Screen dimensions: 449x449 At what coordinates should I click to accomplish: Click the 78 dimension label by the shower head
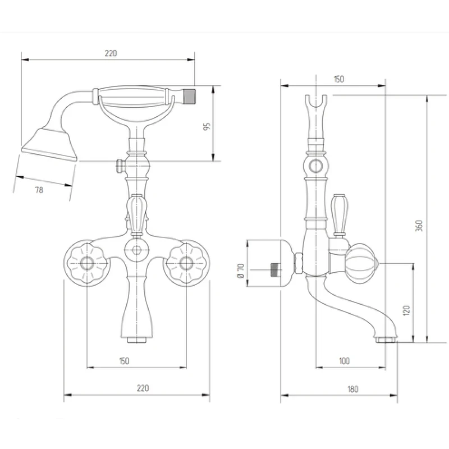pos(39,190)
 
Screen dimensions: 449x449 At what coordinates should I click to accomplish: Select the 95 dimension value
pos(207,126)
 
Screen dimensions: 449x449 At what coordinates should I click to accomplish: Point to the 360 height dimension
pos(419,226)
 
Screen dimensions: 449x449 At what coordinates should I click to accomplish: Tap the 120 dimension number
pos(406,310)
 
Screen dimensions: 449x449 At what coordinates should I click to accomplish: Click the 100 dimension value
pos(344,361)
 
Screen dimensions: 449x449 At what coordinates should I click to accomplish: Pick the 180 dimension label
pos(353,389)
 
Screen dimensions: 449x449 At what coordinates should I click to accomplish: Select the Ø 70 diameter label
pos(241,271)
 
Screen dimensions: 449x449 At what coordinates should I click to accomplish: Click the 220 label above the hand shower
pos(111,53)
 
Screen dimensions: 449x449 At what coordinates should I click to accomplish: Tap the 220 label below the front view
pos(143,388)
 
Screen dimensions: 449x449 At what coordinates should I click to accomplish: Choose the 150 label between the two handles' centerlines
pos(124,361)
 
